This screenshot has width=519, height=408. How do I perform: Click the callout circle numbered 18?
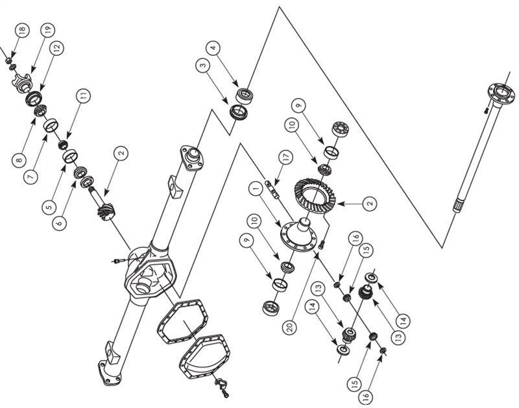[x=22, y=30]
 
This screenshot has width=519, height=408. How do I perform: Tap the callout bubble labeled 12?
[x=57, y=47]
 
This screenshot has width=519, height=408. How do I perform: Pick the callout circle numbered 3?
[x=203, y=65]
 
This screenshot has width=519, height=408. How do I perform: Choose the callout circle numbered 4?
[x=213, y=48]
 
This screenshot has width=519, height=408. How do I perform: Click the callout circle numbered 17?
[x=286, y=157]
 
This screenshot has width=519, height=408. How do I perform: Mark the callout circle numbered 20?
[x=289, y=328]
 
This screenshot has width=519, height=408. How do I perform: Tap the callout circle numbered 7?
[x=30, y=177]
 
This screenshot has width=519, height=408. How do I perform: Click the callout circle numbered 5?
[x=49, y=207]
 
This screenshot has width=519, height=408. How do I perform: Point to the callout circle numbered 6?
[x=59, y=223]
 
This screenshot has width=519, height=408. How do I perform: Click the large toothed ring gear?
[x=315, y=196]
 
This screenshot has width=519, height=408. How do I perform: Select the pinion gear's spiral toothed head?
[x=106, y=211]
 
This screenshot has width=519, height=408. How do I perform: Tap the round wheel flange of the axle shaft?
[x=501, y=93]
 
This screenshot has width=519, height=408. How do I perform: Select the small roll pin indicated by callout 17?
[x=272, y=189]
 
